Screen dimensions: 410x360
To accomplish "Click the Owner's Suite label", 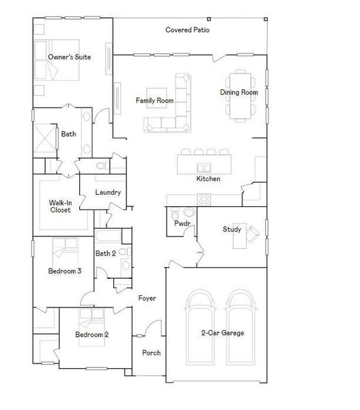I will [x=69, y=57].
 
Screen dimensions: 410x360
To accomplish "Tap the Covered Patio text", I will [x=187, y=30].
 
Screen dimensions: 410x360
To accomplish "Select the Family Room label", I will [x=154, y=100].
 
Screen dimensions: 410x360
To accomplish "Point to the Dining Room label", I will [x=238, y=92].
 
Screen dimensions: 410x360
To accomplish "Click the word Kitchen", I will [x=208, y=178].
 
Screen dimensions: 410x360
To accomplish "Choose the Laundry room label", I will [x=108, y=192].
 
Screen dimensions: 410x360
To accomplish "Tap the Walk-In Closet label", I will [x=60, y=206].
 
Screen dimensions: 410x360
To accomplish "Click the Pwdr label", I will [x=182, y=223].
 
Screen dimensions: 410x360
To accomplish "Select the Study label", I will [x=232, y=229].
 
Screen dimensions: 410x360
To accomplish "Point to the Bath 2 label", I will [x=105, y=254].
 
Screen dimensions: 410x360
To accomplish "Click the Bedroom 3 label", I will [x=65, y=271].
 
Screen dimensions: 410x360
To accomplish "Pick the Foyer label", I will [x=148, y=299].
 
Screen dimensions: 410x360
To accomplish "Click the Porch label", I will [x=151, y=353].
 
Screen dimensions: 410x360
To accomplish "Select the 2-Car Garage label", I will [x=223, y=333].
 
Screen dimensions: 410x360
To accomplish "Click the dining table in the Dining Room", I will [x=238, y=94].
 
